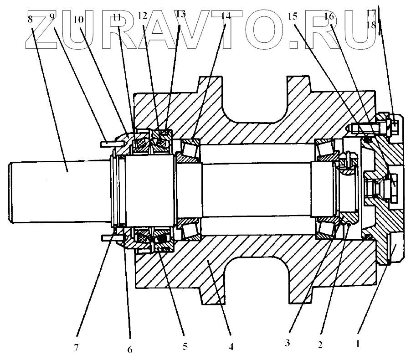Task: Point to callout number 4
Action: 231,346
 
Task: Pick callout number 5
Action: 184,346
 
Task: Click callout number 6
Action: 130,350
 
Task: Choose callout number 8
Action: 30,19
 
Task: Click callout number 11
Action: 118,18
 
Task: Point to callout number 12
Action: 142,15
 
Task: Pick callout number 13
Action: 180,14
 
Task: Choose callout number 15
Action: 293,17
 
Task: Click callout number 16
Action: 329,17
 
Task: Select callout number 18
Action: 371,25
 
